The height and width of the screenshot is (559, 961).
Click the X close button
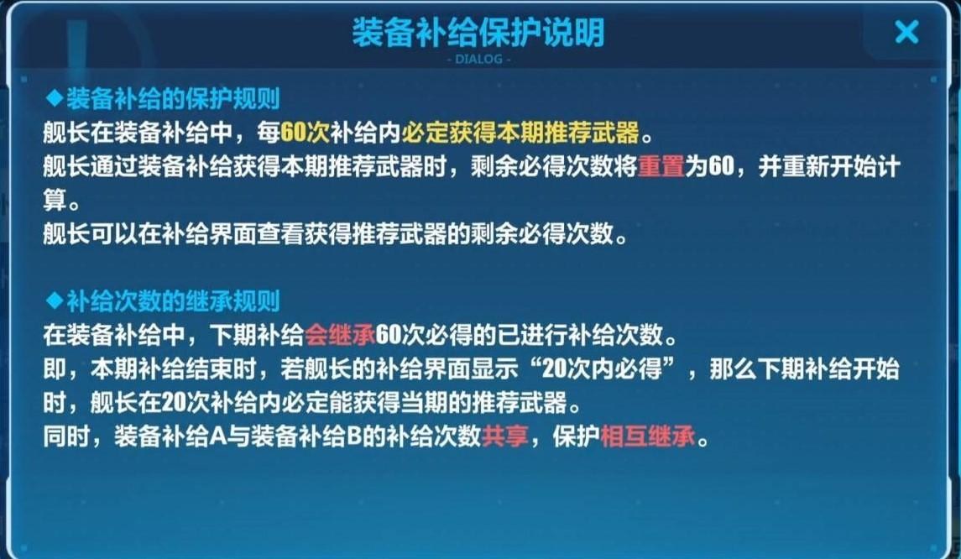tap(906, 31)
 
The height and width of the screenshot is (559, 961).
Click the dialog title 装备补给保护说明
tap(478, 33)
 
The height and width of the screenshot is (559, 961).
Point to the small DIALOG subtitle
tap(478, 59)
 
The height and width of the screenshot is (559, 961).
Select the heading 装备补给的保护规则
tap(173, 99)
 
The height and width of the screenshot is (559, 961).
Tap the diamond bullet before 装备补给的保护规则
tap(55, 98)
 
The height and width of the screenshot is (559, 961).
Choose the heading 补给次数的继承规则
tap(173, 301)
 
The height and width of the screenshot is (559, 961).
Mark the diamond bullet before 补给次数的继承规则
tap(55, 300)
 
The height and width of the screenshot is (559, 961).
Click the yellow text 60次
tap(306, 133)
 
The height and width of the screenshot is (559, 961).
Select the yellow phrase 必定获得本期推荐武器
tap(520, 133)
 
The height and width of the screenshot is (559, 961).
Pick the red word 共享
tap(505, 436)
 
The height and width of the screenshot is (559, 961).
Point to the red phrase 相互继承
tap(648, 436)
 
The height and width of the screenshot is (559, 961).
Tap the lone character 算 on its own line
tap(55, 200)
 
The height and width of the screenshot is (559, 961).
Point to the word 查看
tap(280, 233)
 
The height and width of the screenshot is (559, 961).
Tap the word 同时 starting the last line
tap(66, 436)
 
